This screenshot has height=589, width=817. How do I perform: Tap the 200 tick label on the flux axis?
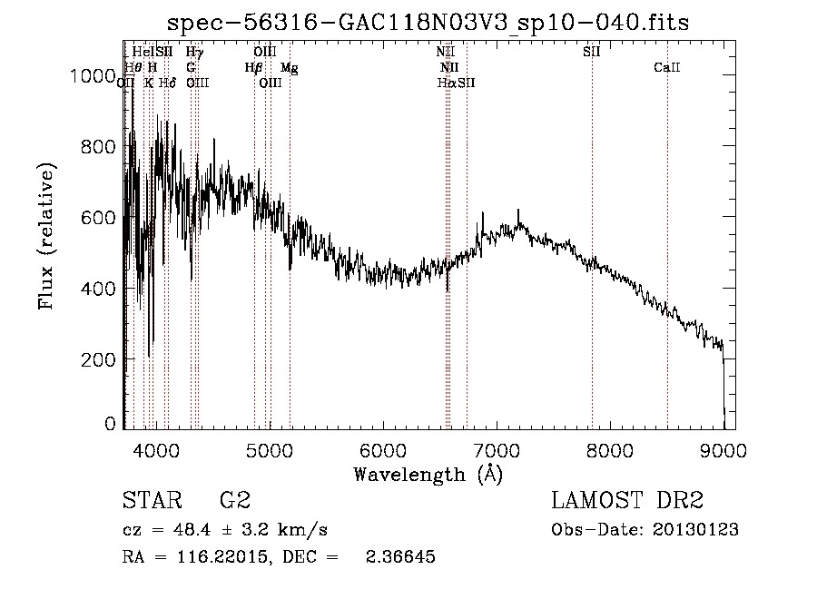101,359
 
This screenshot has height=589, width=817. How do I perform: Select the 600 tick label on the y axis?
101,218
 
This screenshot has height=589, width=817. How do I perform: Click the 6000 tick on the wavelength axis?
382,451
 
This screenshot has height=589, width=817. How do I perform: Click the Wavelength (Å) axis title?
428,474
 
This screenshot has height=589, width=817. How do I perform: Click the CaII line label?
667,67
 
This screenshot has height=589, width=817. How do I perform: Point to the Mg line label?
289,67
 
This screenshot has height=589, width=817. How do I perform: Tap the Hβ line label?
253,67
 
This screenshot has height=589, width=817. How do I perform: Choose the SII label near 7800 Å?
591,52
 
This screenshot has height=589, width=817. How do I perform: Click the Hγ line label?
194,52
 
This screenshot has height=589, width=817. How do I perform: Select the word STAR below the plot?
151,501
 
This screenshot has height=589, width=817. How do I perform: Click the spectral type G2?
234,501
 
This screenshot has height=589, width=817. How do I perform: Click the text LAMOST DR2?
627,501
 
